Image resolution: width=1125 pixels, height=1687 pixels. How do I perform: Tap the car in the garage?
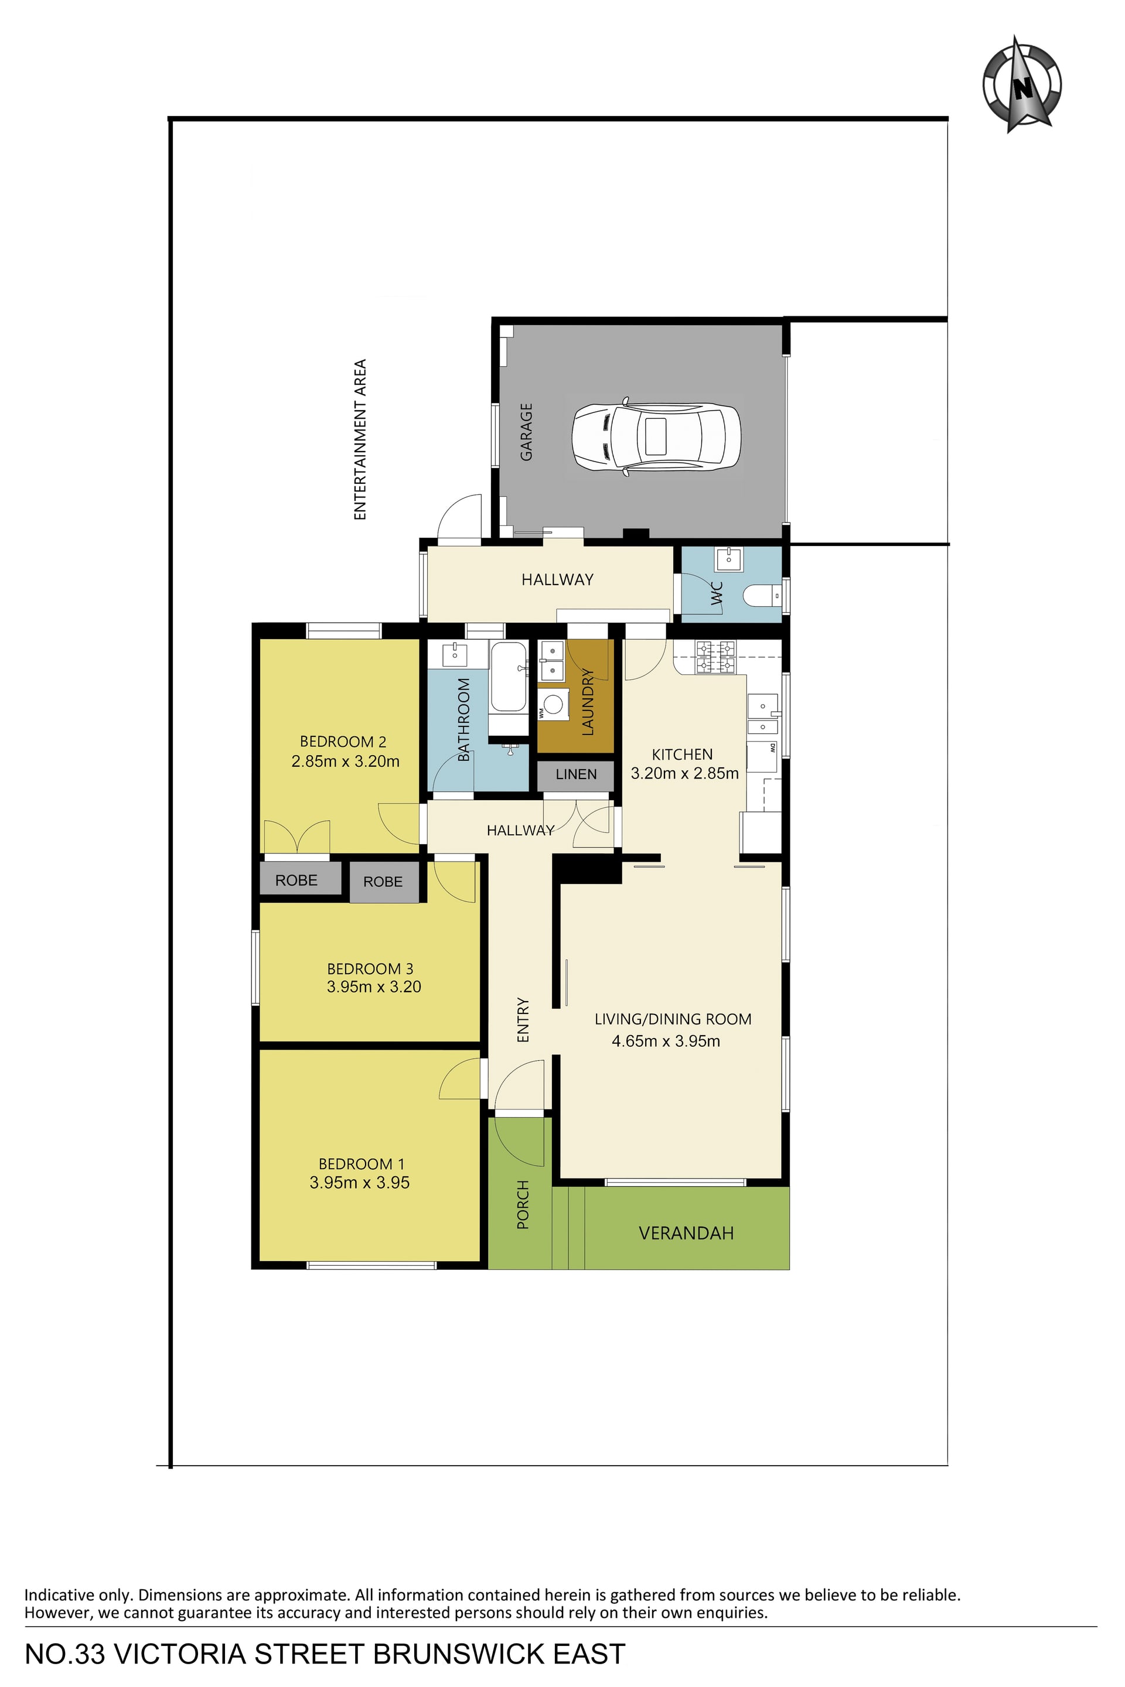tap(656, 437)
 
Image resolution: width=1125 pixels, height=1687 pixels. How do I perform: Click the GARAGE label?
tap(526, 432)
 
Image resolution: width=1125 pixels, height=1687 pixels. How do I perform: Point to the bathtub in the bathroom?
tap(508, 677)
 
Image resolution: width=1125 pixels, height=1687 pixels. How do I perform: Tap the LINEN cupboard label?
tap(576, 774)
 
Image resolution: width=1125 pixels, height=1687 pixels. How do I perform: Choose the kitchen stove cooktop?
tap(715, 656)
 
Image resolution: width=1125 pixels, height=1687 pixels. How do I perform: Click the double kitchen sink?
tap(763, 715)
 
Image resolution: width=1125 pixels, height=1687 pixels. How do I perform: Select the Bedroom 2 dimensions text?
tap(345, 761)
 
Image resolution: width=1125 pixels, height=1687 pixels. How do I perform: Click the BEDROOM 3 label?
tap(370, 968)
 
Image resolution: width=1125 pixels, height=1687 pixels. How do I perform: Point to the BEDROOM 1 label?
tap(362, 1163)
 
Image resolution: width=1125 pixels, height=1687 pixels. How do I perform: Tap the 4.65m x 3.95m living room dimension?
tap(666, 1041)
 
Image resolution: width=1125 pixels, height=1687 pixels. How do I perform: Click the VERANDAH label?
tap(686, 1233)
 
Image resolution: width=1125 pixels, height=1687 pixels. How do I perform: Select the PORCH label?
tap(523, 1205)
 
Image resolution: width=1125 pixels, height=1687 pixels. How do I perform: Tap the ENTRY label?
tap(523, 1020)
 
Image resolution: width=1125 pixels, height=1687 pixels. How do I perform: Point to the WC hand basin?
tap(729, 556)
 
